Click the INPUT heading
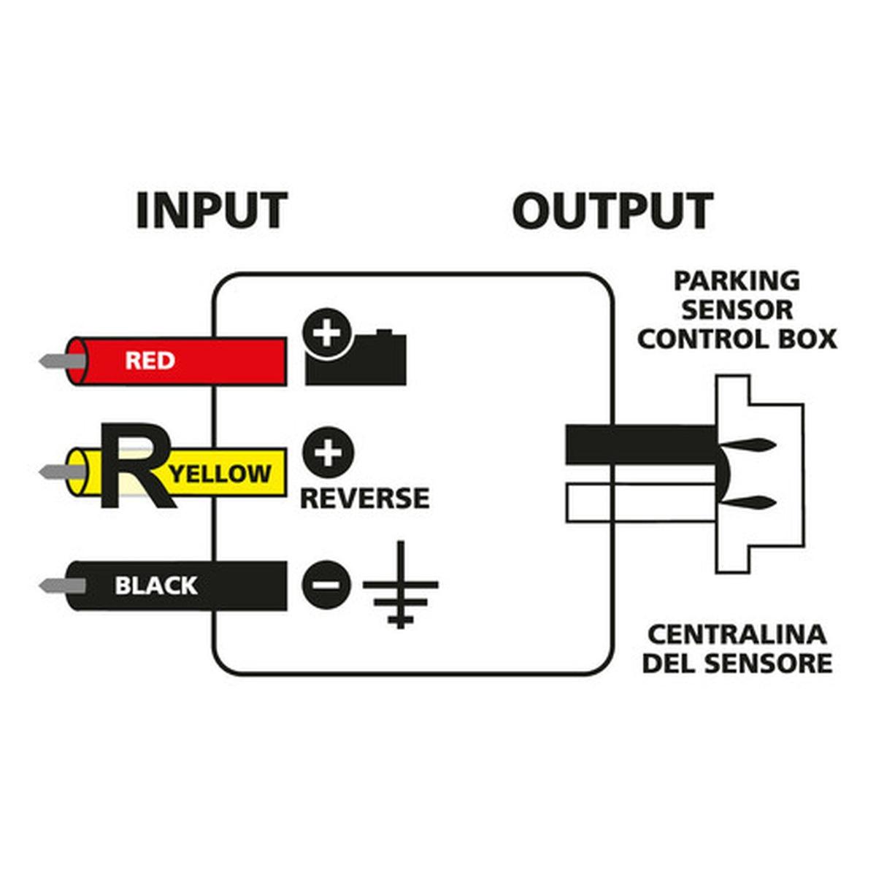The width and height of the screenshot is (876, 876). [212, 210]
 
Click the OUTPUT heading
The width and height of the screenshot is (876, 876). [612, 210]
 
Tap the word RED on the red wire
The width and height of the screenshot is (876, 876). [150, 361]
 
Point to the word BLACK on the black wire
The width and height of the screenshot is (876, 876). [155, 585]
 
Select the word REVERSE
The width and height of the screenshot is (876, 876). [364, 499]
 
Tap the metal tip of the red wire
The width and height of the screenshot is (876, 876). [55, 361]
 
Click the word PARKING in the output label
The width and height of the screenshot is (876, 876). [736, 280]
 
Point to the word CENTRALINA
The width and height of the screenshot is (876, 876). [736, 634]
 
